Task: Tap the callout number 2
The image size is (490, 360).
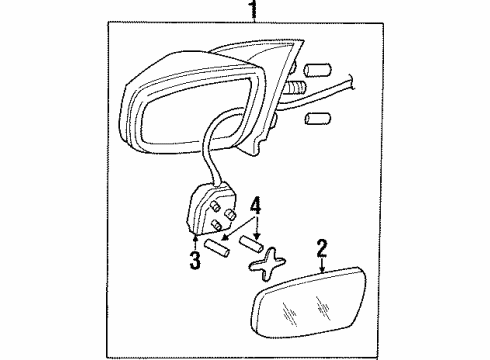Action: pyautogui.click(x=322, y=245)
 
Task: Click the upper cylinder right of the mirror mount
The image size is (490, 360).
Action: pyautogui.click(x=317, y=70)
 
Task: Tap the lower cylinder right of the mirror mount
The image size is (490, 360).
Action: pyautogui.click(x=317, y=120)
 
